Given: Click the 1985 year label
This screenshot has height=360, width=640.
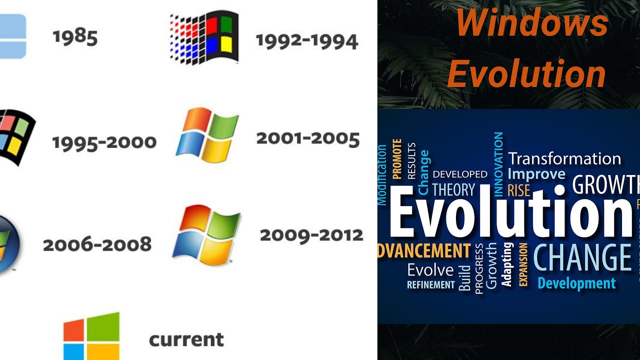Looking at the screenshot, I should [x=75, y=37].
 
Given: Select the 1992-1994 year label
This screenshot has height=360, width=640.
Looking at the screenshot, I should [x=306, y=41].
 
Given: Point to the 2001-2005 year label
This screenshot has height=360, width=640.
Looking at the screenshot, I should [x=307, y=139].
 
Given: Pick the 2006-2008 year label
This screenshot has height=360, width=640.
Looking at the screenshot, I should [x=97, y=245].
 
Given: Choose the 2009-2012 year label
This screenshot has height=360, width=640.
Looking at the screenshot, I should [x=311, y=235].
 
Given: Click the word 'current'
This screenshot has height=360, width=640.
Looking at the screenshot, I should [x=186, y=340].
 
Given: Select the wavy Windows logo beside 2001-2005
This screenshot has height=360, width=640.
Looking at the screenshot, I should [x=207, y=135].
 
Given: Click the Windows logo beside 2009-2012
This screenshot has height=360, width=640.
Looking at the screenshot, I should [x=206, y=234].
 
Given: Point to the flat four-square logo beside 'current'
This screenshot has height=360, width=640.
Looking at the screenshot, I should [x=91, y=335].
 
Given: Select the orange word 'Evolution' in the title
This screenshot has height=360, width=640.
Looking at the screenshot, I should [x=526, y=74].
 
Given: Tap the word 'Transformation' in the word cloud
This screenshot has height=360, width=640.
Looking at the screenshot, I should [x=564, y=159].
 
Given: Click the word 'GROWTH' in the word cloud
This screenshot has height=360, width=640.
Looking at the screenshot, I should [x=605, y=185].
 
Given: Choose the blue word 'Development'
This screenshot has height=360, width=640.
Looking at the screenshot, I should [x=576, y=283].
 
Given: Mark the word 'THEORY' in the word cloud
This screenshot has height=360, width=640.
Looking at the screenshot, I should [x=453, y=190].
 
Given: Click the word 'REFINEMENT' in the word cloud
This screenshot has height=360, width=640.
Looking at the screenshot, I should [x=430, y=285].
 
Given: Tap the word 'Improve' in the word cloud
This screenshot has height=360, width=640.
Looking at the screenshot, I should [x=536, y=174].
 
